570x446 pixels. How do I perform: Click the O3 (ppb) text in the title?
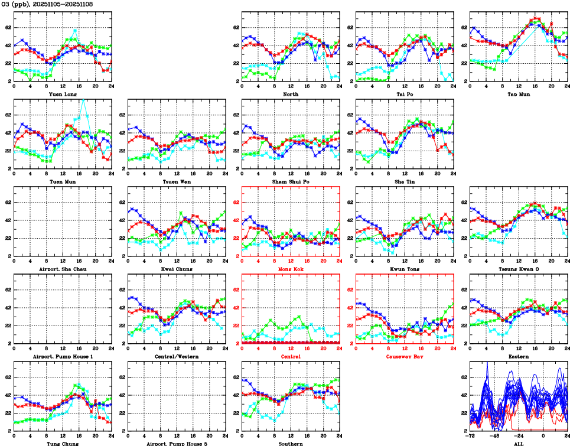(16, 4)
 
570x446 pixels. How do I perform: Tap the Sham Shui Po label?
(291, 181)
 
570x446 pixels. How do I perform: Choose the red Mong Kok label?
(291, 269)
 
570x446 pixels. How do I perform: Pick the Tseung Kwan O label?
(519, 269)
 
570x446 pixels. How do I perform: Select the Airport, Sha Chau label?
(62, 269)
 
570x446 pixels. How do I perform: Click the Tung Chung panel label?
(62, 443)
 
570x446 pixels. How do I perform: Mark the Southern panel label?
(291, 443)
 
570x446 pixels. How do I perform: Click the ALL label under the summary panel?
(519, 443)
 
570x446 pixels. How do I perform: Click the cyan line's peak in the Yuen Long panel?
(75, 30)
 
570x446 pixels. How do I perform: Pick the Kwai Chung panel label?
(177, 269)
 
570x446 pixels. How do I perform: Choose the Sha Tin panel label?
(405, 181)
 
